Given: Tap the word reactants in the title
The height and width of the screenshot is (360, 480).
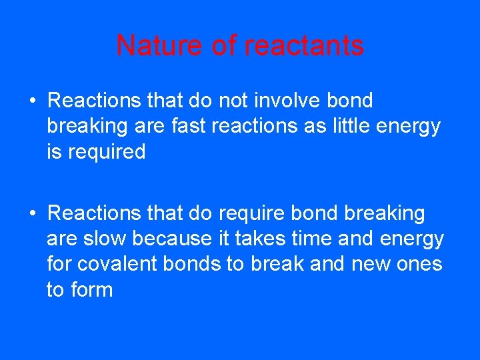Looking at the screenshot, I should coord(304,45).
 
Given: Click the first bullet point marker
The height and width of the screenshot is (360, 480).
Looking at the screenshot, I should coord(33,101).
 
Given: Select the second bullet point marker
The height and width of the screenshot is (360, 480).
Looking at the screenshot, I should coord(33,214).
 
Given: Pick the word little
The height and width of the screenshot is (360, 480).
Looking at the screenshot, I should coord(353,126).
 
